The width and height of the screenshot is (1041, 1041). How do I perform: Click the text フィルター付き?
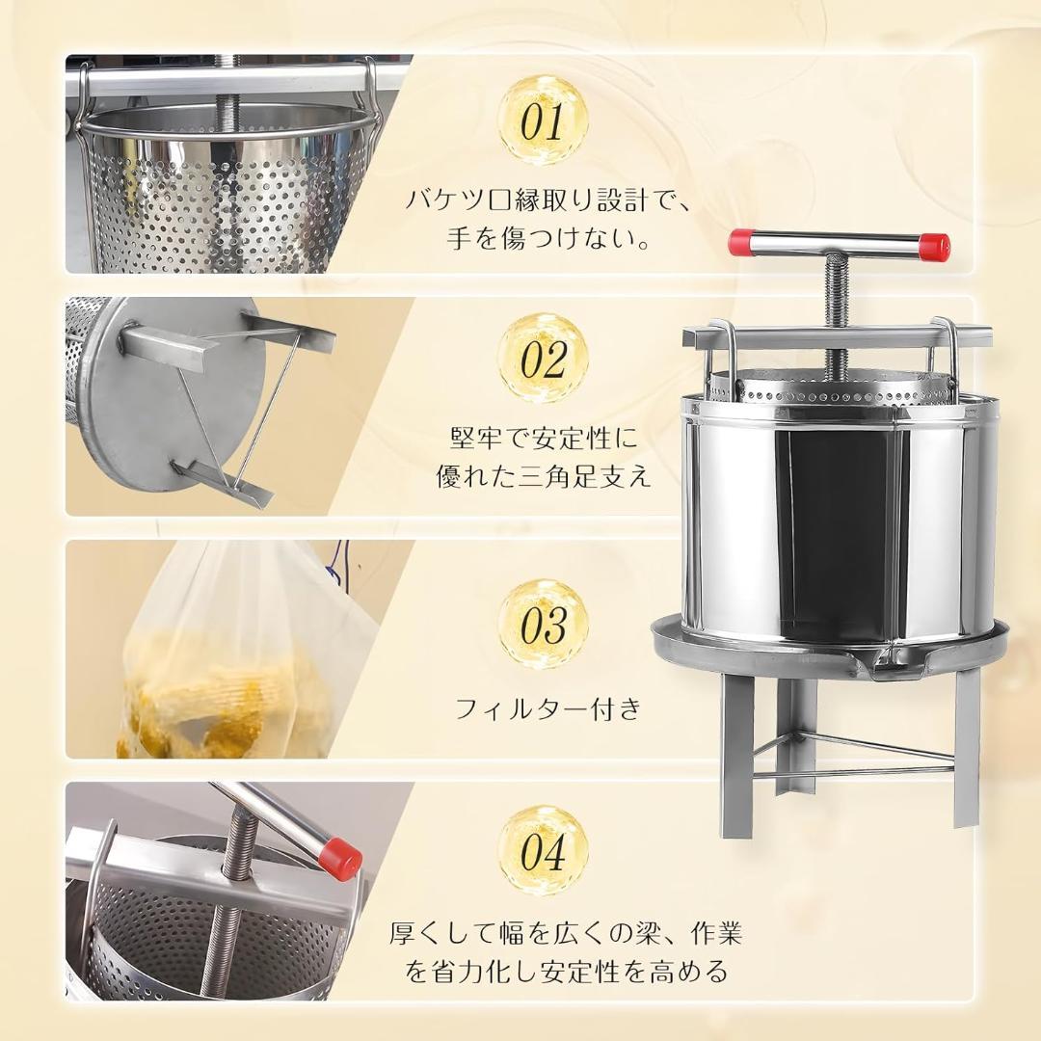[x=547, y=710]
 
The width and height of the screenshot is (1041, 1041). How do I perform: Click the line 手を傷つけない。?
[x=547, y=238]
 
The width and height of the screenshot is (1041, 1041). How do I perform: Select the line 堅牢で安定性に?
[x=544, y=439]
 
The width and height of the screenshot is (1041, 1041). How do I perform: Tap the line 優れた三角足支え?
[x=544, y=477]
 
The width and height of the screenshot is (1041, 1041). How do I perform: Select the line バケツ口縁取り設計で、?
[x=547, y=200]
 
